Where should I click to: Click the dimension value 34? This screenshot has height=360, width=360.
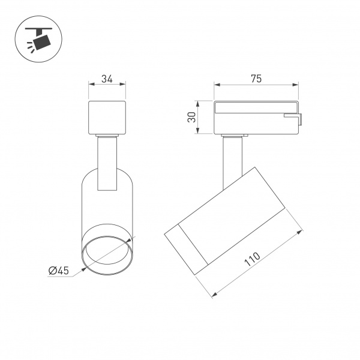coord(107,78)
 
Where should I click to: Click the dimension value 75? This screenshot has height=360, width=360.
coord(256,79)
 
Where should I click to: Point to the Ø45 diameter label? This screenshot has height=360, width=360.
coord(59,271)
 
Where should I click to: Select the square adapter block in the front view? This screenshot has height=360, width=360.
coord(107,118)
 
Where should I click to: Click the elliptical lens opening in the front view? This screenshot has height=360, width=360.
coord(107,254)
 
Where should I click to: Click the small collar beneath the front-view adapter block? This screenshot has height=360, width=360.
coord(107,137)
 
